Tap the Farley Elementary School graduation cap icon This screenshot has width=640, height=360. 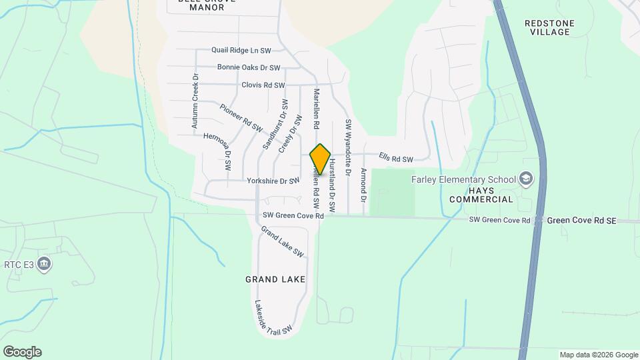pyautogui.click(x=527, y=179)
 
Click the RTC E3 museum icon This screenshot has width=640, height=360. pyautogui.click(x=45, y=265)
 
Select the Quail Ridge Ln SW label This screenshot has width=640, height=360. pyautogui.click(x=241, y=50)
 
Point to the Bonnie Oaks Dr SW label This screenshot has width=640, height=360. pyautogui.click(x=249, y=67)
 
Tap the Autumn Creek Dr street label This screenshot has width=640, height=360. pyautogui.click(x=195, y=101)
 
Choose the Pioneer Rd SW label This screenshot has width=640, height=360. pyautogui.click(x=241, y=117)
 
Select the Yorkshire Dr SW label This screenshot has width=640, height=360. pyautogui.click(x=273, y=181)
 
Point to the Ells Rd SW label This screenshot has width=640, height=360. pyautogui.click(x=396, y=159)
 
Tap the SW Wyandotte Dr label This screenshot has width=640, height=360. pyautogui.click(x=347, y=147)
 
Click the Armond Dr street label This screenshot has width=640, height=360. pyautogui.click(x=363, y=186)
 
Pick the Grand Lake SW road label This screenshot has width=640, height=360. pyautogui.click(x=282, y=242)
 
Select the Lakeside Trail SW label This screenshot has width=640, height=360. pyautogui.click(x=273, y=317)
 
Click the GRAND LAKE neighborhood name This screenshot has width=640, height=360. pyautogui.click(x=275, y=279)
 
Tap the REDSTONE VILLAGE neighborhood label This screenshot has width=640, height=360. pyautogui.click(x=549, y=27)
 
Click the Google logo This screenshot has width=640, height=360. pyautogui.click(x=22, y=351)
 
